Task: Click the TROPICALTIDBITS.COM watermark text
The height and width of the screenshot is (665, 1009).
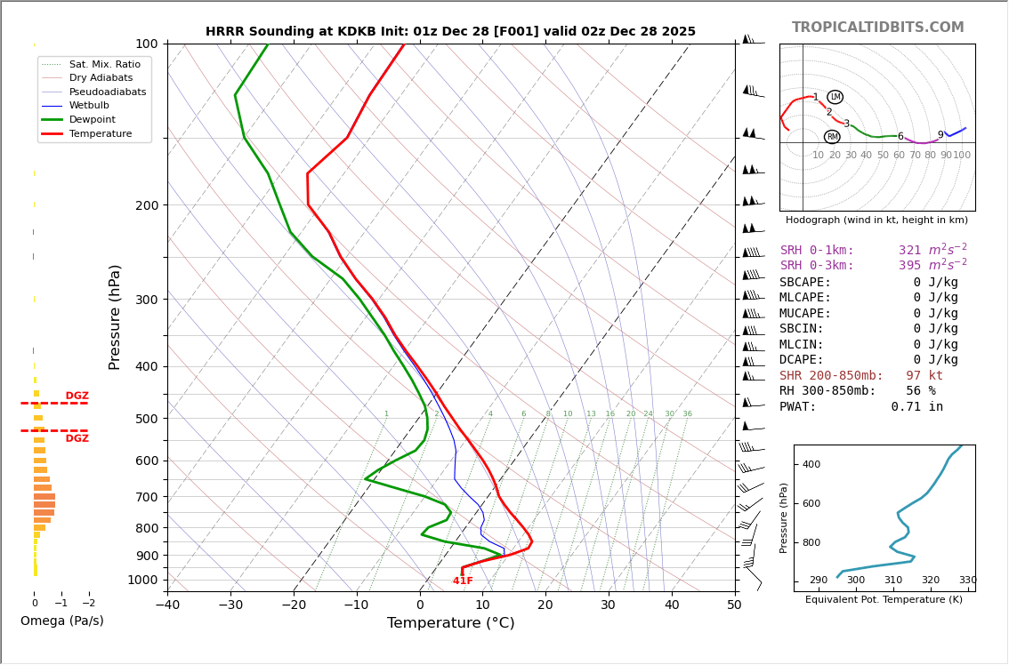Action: pos(877,28)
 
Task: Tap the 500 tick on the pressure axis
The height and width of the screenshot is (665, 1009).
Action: pos(145,419)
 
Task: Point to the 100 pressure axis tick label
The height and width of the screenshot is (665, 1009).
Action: pos(147,44)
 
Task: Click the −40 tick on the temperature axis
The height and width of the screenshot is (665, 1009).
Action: pos(167,605)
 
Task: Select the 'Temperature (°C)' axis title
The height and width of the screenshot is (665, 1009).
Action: pos(450,623)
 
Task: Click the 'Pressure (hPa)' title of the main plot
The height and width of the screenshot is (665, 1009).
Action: pos(115,316)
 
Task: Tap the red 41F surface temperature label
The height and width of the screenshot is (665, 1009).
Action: pos(463,581)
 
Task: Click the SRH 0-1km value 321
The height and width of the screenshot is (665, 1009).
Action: pos(909,251)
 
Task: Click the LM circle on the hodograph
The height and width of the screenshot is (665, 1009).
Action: pos(835,97)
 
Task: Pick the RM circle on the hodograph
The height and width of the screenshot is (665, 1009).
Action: pos(832,137)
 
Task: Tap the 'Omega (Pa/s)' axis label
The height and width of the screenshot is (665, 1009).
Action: pos(61,621)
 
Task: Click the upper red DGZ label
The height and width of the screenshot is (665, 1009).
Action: pos(77,397)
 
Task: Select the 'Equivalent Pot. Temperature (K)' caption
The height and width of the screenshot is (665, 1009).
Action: pos(884,600)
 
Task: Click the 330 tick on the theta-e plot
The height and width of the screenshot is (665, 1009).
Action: pos(967,581)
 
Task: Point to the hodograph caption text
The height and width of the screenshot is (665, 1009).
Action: pos(876,220)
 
